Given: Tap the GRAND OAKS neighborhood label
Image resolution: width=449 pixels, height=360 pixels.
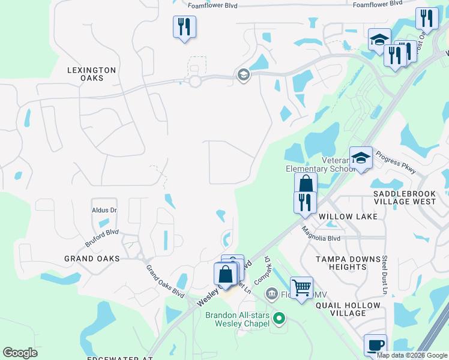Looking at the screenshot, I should pyautogui.click(x=92, y=258).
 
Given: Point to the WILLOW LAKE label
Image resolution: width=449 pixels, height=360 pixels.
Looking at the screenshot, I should pyautogui.click(x=348, y=216).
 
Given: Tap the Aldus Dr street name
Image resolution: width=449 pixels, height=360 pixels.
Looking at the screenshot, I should pyautogui.click(x=104, y=211).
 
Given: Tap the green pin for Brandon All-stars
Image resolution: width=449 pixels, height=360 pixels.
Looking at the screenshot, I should pyautogui.click(x=278, y=317).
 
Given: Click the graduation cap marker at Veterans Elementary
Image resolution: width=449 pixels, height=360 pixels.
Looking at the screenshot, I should pyautogui.click(x=361, y=158).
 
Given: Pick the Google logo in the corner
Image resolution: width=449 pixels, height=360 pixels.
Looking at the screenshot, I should pyautogui.click(x=20, y=353).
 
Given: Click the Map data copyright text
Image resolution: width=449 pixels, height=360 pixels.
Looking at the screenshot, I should pyautogui.click(x=412, y=355).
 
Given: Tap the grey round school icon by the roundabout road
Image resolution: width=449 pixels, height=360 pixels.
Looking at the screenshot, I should pyautogui.click(x=243, y=75).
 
